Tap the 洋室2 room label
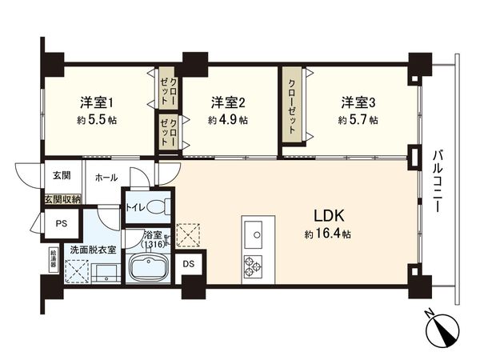(227, 102)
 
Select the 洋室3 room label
(358, 102)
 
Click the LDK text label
(329, 216)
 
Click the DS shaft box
(188, 263)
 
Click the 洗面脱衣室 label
(91, 249)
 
